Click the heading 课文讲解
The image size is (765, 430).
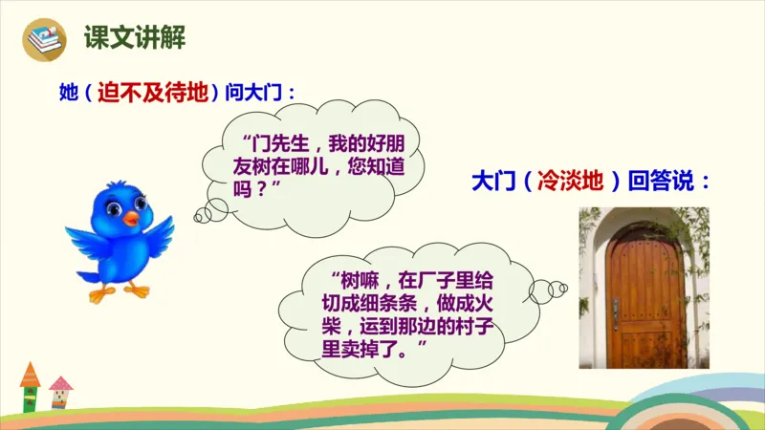[134, 37]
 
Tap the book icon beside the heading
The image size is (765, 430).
[44, 39]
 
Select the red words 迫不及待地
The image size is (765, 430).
[153, 94]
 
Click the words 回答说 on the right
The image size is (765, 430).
[667, 181]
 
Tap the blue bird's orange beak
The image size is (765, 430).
[130, 220]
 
